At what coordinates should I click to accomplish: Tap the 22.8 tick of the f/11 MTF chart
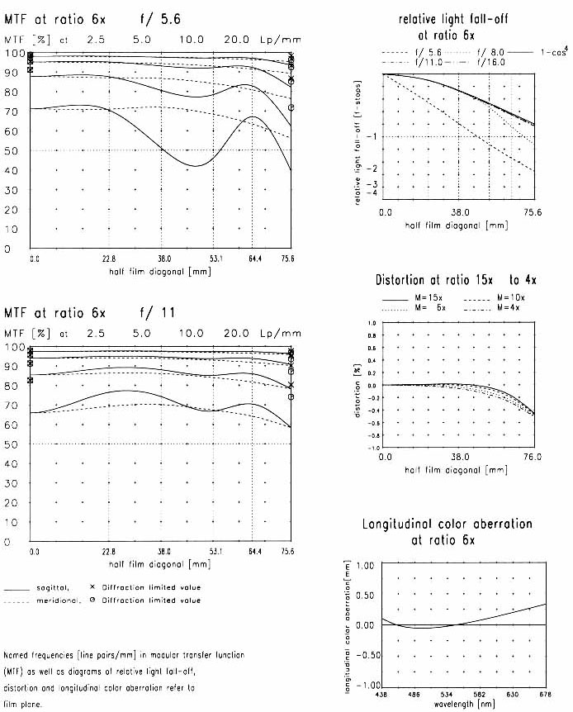tap(108, 549)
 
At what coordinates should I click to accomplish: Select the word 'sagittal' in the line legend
tap(54, 587)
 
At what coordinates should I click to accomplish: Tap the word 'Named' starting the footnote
tap(16, 652)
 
